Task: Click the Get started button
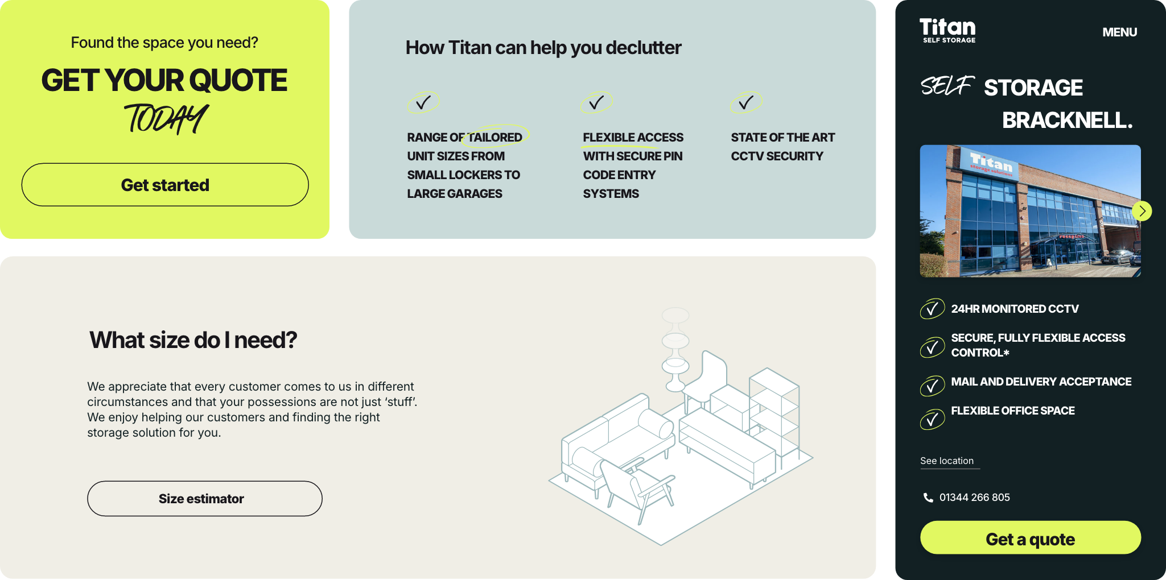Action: [x=165, y=185]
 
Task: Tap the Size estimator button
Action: [x=205, y=499]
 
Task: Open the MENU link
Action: [x=1119, y=32]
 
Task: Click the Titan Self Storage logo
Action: [x=947, y=30]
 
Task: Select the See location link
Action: [x=947, y=461]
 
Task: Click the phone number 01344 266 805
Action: [x=974, y=498]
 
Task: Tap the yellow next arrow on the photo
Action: [x=1142, y=211]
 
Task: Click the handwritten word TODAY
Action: [x=166, y=119]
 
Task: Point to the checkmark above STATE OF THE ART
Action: [x=746, y=102]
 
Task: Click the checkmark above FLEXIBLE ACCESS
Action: [x=596, y=102]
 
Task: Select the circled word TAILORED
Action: [x=495, y=137]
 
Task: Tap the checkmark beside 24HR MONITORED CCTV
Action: [x=932, y=309]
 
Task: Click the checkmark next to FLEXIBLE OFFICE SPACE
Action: [x=932, y=420]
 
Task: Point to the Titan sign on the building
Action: [x=991, y=163]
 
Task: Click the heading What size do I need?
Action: [x=193, y=340]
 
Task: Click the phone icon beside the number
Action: [x=928, y=498]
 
